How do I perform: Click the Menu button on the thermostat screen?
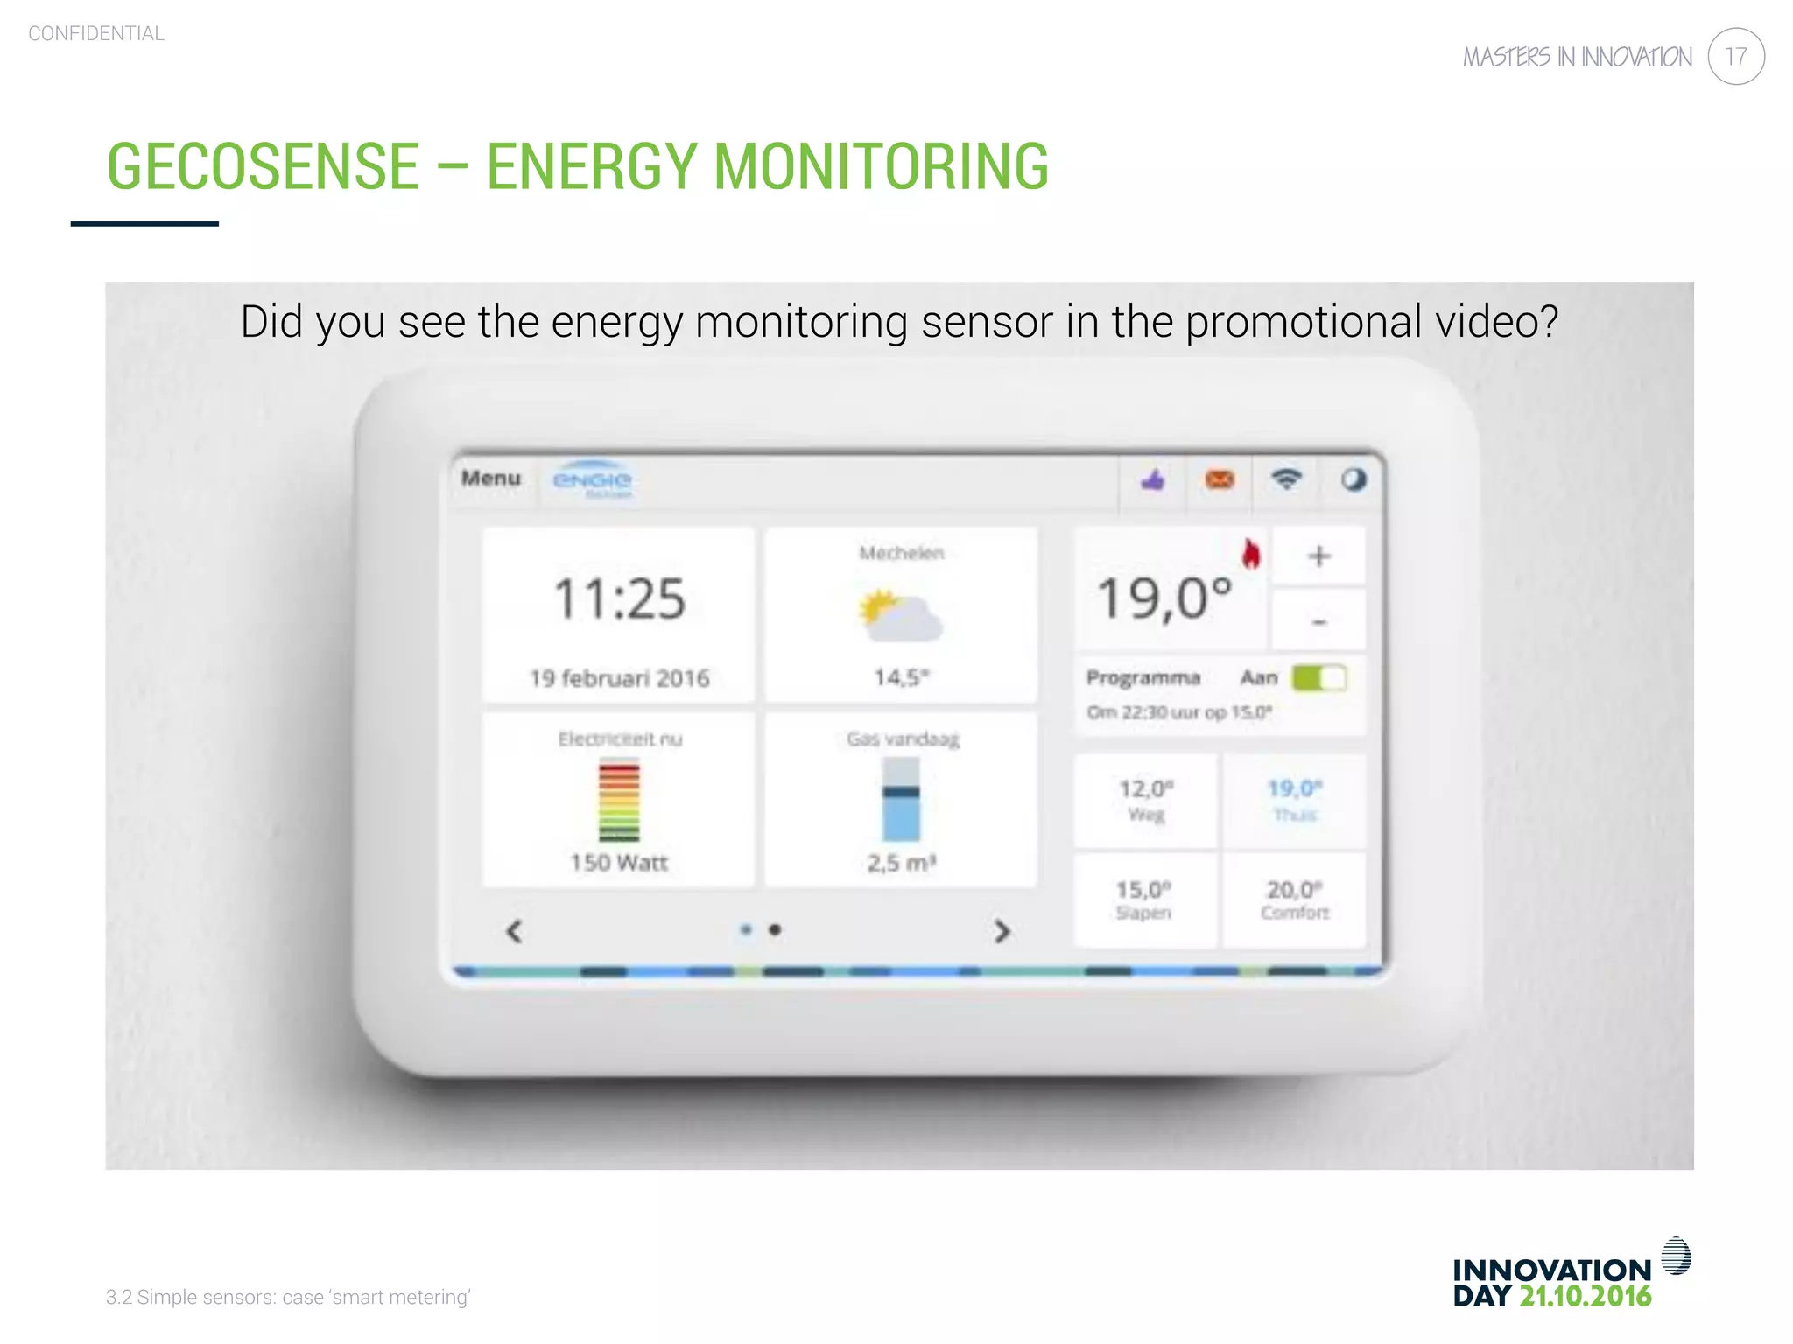coord(491,479)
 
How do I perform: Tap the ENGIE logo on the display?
coord(592,480)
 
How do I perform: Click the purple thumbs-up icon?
coord(1153,479)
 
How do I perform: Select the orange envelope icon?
coord(1220,479)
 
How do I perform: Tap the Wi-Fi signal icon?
coord(1286,479)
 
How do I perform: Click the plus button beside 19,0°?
coord(1318,556)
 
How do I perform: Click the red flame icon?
coord(1251,553)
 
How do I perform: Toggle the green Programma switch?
coord(1318,678)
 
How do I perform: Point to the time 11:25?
coord(619,599)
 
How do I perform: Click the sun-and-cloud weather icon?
coord(900,614)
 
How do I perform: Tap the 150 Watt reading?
coord(619,863)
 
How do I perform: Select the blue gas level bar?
coord(901,800)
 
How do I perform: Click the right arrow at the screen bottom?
coord(1002,931)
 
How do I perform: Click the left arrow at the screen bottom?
coord(515,931)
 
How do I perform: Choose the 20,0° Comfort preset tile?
coord(1294,899)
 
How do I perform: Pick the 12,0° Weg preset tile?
coord(1146,800)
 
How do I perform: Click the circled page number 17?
coord(1735,57)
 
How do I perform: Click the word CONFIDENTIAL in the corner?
coord(96,34)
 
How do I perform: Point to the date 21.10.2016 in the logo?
coord(1585,1297)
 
